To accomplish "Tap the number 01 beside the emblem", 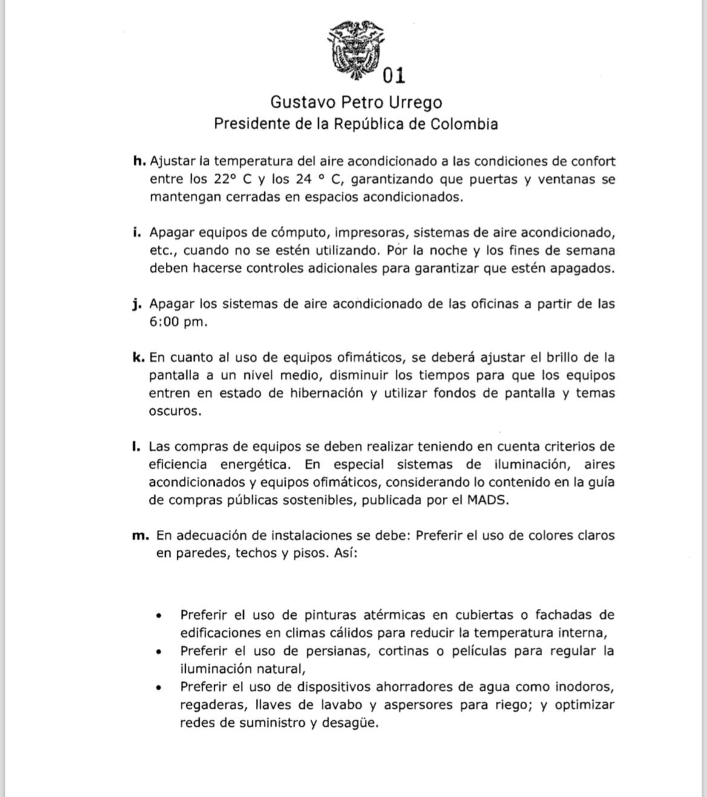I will (x=394, y=75).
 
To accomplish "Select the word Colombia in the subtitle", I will (x=464, y=124).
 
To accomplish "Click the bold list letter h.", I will (x=139, y=161).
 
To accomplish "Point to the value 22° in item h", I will (x=226, y=179).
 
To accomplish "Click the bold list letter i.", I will (x=137, y=232).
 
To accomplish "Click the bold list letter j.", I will (x=137, y=304).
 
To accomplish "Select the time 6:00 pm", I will (x=178, y=322).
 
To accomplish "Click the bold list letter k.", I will (x=138, y=357).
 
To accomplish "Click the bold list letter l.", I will (x=136, y=447).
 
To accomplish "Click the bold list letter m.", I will (x=140, y=536).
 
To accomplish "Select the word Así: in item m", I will (x=345, y=553).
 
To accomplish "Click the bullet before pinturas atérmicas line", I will (x=158, y=616).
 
